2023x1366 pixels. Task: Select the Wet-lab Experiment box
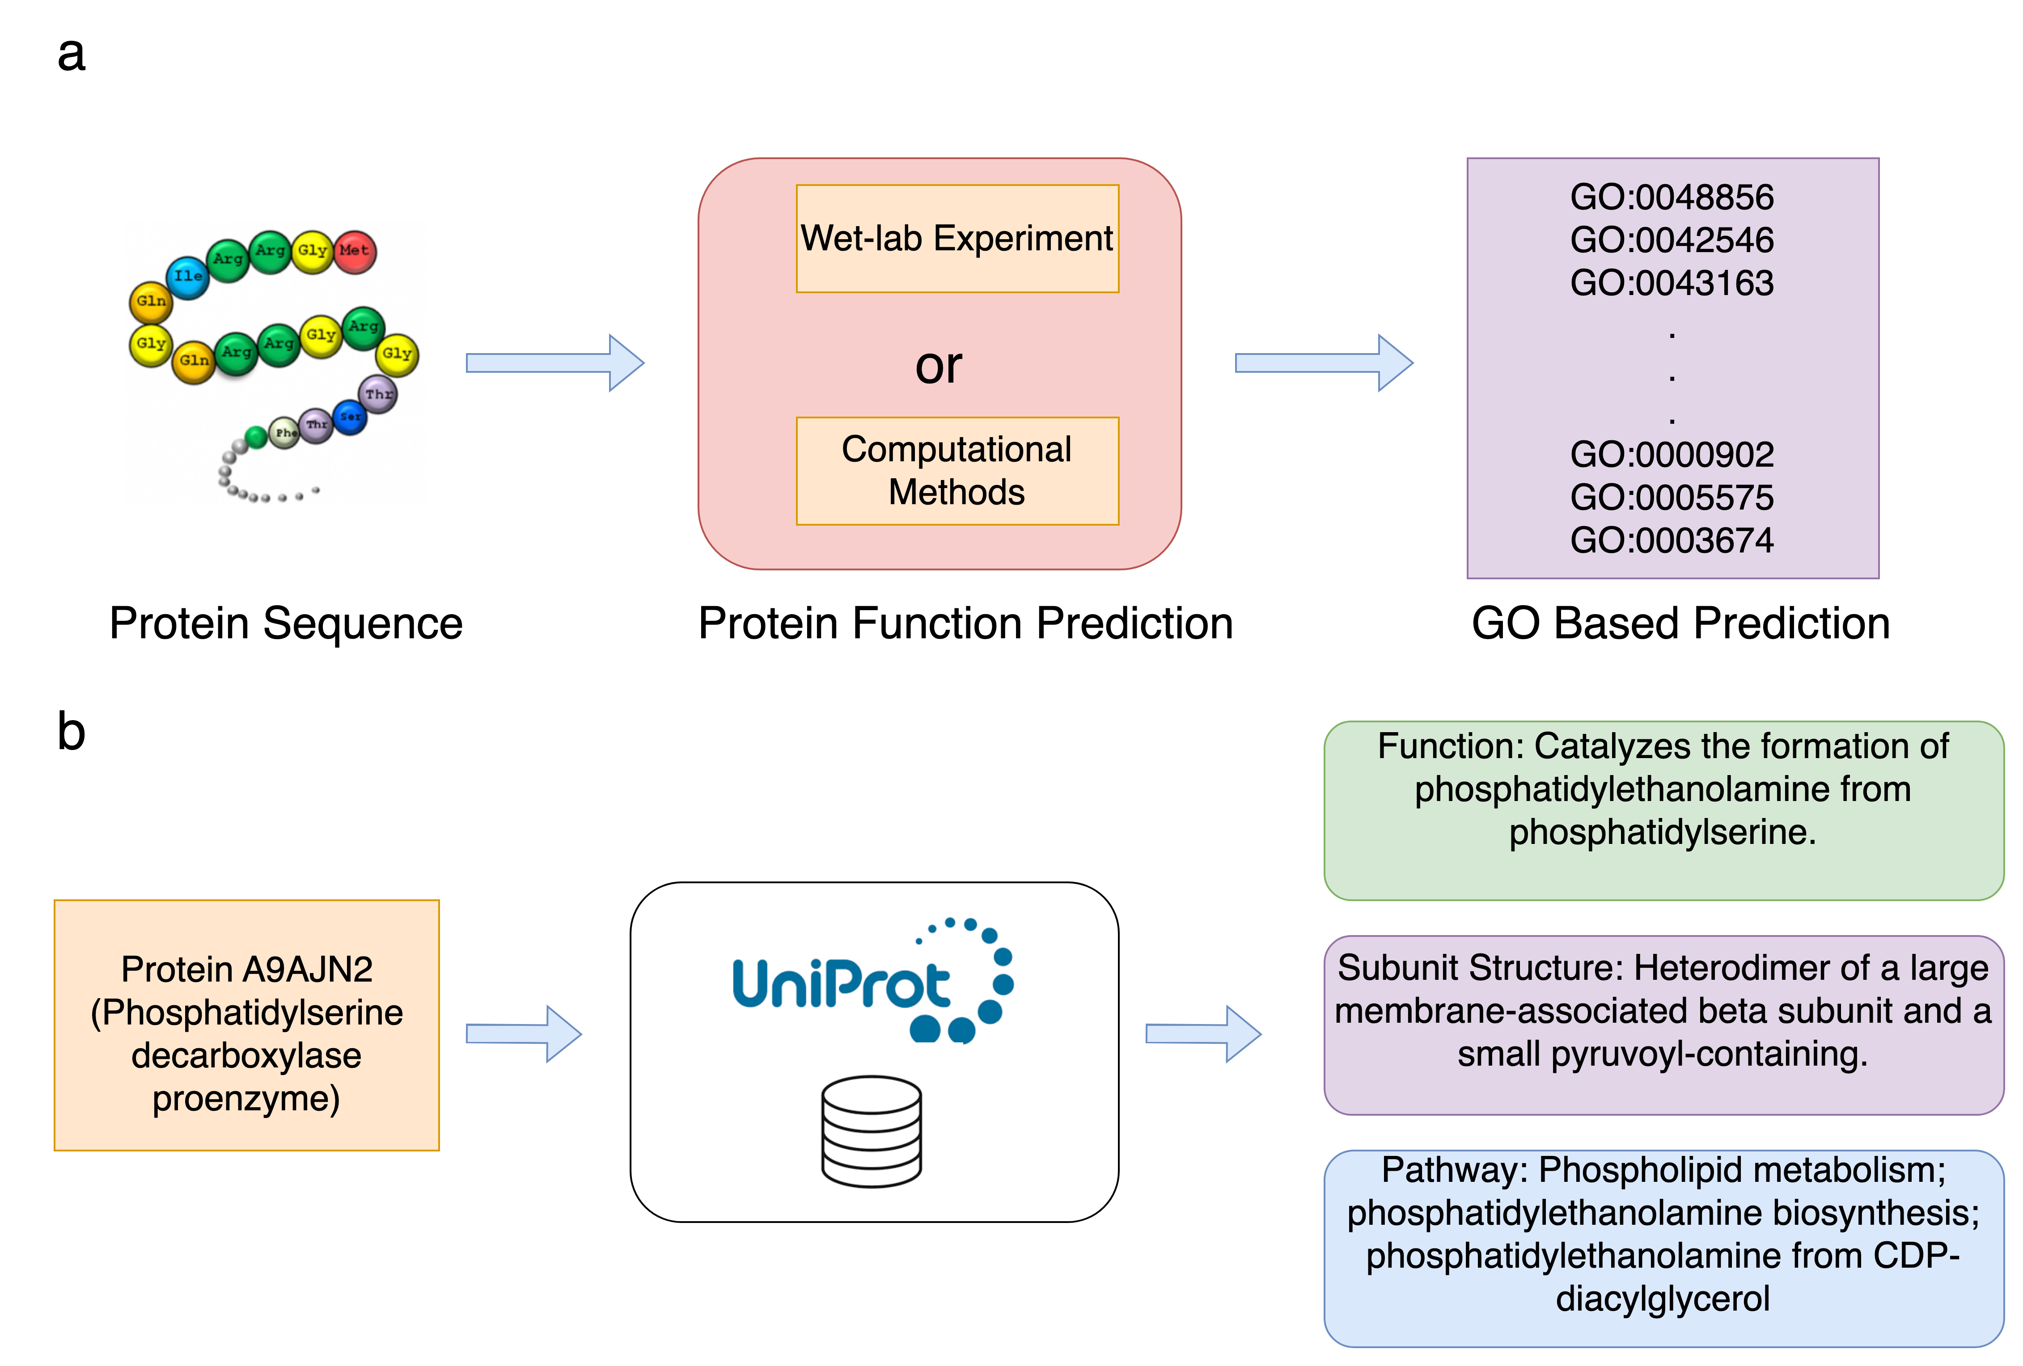tap(956, 238)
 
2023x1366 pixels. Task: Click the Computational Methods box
tap(956, 471)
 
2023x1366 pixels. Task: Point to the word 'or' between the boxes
tap(938, 366)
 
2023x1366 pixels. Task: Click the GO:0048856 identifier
tap(1672, 198)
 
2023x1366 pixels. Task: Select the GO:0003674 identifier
tap(1672, 540)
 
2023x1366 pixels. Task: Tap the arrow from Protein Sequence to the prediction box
tap(554, 363)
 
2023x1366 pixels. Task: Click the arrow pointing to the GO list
tap(1323, 363)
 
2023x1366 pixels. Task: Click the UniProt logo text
tap(841, 983)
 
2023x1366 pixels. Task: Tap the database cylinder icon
tap(872, 1131)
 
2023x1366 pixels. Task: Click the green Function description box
tap(1663, 810)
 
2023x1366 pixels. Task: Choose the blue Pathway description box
tap(1663, 1248)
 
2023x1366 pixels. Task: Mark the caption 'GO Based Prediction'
tap(1680, 624)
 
